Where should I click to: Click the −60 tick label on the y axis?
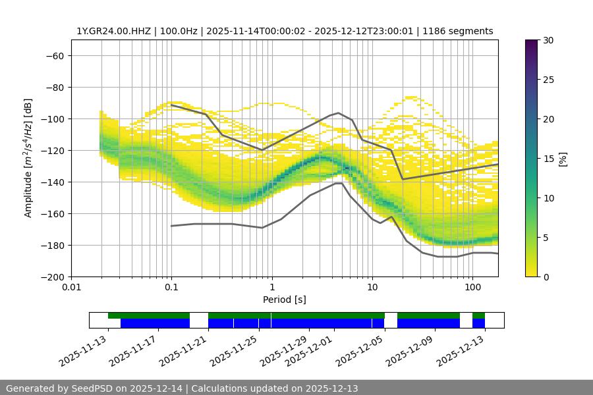pyautogui.click(x=54, y=55)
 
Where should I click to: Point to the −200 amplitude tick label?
pyautogui.click(x=51, y=276)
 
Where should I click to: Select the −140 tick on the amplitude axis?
pyautogui.click(x=51, y=182)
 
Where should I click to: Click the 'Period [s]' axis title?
pyautogui.click(x=284, y=300)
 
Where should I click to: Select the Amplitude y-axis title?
pyautogui.click(x=28, y=158)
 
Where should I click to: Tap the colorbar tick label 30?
pyautogui.click(x=548, y=40)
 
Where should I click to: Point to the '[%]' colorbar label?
pyautogui.click(x=563, y=158)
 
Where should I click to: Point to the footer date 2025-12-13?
pyautogui.click(x=329, y=388)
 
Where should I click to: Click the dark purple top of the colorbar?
pyautogui.click(x=532, y=43)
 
